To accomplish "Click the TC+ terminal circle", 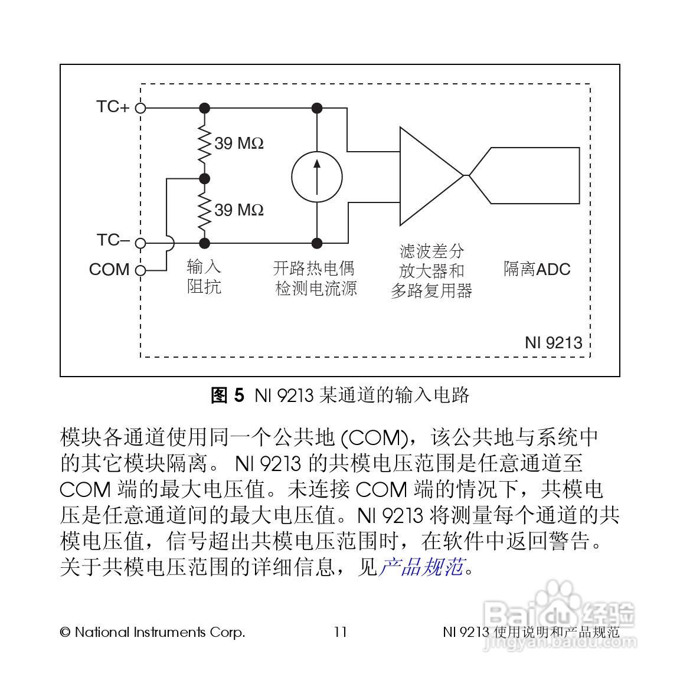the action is pyautogui.click(x=140, y=108).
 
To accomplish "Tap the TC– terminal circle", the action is pyautogui.click(x=140, y=243).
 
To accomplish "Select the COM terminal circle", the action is pyautogui.click(x=140, y=271).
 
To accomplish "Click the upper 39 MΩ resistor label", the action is pyautogui.click(x=238, y=143).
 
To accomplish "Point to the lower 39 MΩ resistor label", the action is pyautogui.click(x=238, y=210).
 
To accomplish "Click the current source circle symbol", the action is pyautogui.click(x=317, y=176).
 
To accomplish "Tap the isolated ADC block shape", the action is pyautogui.click(x=531, y=175).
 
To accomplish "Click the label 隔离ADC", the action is pyautogui.click(x=537, y=270).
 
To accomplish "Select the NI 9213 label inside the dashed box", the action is pyautogui.click(x=553, y=343).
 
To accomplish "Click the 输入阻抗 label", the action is pyautogui.click(x=204, y=276).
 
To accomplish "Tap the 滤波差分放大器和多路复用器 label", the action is pyautogui.click(x=431, y=271).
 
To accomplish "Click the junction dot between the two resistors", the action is pyautogui.click(x=205, y=178).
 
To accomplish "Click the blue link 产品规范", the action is pyautogui.click(x=420, y=567).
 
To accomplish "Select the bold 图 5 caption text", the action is pyautogui.click(x=227, y=395).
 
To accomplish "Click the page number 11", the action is pyautogui.click(x=341, y=632).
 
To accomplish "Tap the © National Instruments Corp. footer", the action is pyautogui.click(x=152, y=632).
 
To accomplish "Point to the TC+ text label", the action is pyautogui.click(x=112, y=107).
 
